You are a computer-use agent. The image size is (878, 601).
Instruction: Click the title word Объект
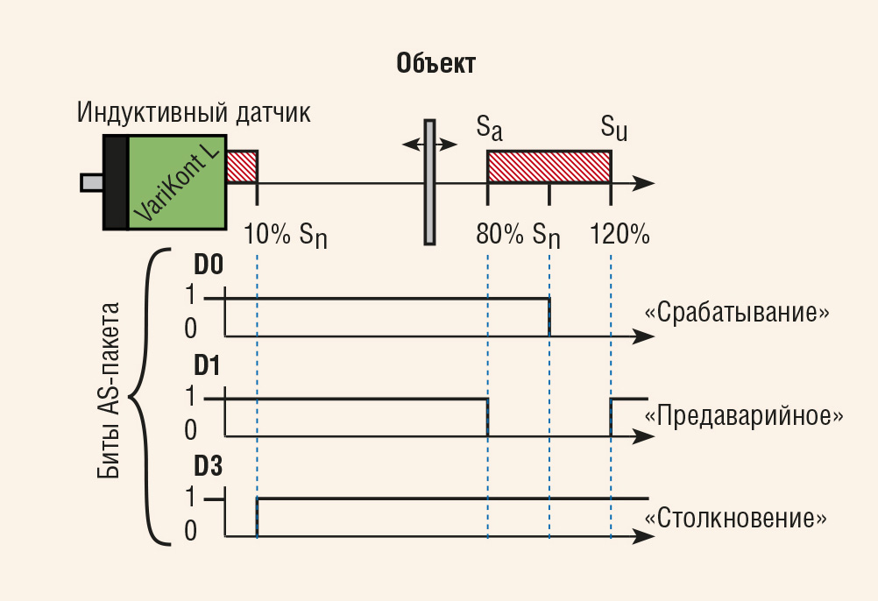coord(435,63)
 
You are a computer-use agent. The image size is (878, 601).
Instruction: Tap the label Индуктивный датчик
coord(193,112)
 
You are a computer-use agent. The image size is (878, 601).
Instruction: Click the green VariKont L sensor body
coord(177,182)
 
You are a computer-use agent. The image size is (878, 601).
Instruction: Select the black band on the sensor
coord(116,182)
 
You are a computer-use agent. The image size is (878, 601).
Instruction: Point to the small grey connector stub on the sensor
coord(92,182)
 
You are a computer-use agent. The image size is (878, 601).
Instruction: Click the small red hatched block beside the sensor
coord(241,166)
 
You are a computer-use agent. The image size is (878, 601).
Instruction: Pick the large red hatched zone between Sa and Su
coord(549,166)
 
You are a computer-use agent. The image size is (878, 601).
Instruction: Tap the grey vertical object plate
coord(429,182)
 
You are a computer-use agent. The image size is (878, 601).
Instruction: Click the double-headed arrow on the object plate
coord(429,145)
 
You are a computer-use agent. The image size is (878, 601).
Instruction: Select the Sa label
coord(490,128)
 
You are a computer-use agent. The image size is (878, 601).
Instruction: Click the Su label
coord(614,128)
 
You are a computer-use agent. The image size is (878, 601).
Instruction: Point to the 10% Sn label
coord(285,234)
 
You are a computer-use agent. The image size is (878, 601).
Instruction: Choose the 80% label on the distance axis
coord(499,233)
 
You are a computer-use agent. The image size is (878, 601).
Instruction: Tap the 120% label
coord(620,233)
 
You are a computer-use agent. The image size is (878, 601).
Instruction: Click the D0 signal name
coord(209,265)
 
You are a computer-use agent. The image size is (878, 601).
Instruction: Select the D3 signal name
coord(208,466)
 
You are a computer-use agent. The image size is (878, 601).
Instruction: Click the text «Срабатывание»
coord(737,312)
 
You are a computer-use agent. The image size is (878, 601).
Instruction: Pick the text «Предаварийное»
coord(744,416)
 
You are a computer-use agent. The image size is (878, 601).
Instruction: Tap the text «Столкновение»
coord(736,518)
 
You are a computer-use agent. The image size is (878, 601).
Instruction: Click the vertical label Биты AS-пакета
coord(108,391)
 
